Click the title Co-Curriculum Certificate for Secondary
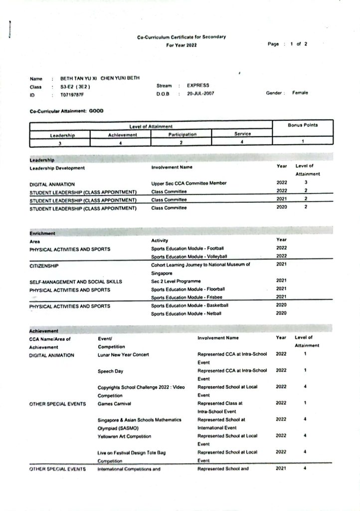181,37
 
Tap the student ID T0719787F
73,94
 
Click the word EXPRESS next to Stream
198,86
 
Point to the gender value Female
300,93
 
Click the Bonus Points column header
303,125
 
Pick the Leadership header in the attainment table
60,135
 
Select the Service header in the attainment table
242,134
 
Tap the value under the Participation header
181,143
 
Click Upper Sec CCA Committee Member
188,183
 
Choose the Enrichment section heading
42,233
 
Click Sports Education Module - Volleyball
189,256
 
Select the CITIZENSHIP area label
44,266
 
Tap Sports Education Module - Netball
186,313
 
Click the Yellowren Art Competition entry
124,436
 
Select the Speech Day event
110,371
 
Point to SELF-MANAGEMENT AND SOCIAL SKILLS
76,281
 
